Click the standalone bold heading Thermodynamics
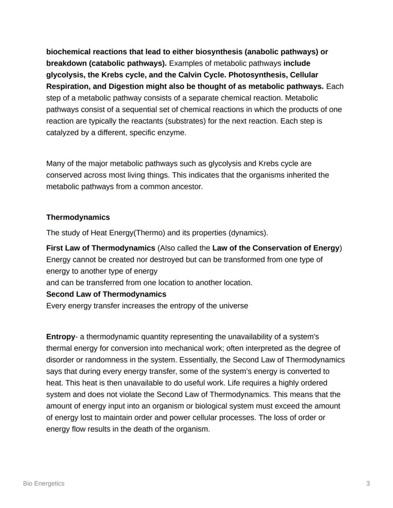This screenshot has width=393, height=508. (x=78, y=217)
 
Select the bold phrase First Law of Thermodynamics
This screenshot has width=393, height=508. (x=101, y=248)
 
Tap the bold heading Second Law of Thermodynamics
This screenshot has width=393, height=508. (x=106, y=294)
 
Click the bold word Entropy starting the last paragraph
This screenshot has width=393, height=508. (x=60, y=337)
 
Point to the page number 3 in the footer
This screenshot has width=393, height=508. (x=368, y=484)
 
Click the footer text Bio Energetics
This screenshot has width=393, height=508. (x=44, y=484)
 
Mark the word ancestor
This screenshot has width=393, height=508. (x=187, y=187)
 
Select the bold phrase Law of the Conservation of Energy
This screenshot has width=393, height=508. (x=276, y=248)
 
